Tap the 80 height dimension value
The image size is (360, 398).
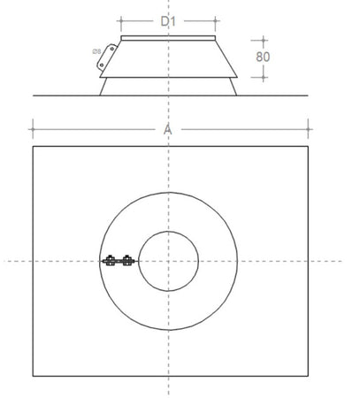(x=262, y=55)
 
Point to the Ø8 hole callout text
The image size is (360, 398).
(x=95, y=51)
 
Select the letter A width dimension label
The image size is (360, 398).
(x=168, y=129)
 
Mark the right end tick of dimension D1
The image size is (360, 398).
(x=216, y=19)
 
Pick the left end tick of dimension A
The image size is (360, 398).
(x=33, y=129)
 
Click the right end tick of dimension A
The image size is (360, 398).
(x=308, y=129)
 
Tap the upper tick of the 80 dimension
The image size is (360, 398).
(x=262, y=39)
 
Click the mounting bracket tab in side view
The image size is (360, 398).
(x=105, y=57)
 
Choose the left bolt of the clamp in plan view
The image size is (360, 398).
(x=111, y=260)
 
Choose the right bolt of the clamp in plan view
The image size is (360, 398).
(x=127, y=260)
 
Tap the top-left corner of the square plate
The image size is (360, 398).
(x=33, y=147)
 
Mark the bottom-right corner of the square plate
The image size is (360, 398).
(x=308, y=376)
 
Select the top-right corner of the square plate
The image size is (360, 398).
(x=308, y=147)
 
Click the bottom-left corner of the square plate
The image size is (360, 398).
(x=33, y=376)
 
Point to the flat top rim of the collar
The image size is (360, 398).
(x=168, y=38)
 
